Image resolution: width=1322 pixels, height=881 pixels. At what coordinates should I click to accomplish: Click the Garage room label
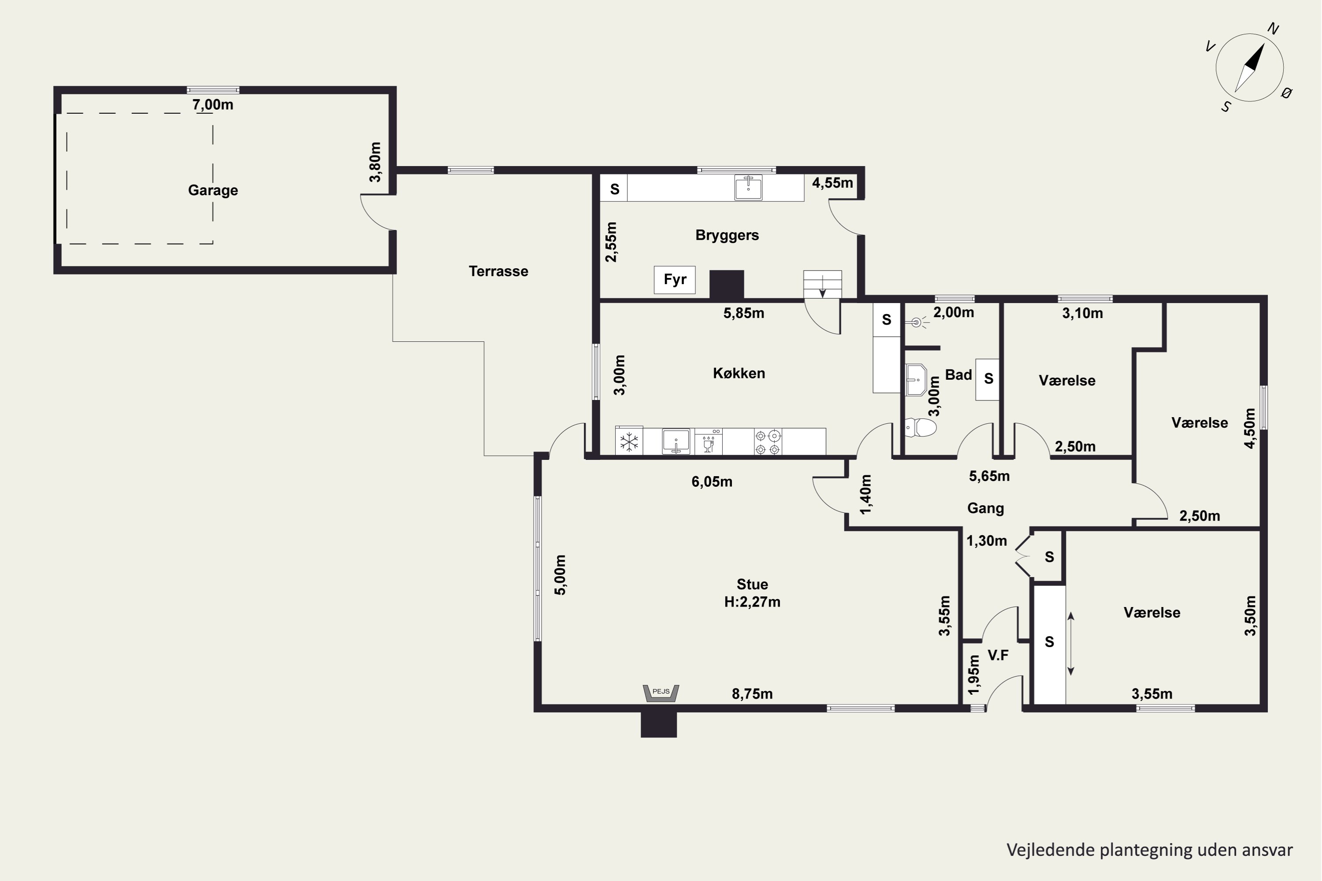point(213,190)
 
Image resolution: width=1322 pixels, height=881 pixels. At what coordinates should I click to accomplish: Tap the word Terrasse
point(498,271)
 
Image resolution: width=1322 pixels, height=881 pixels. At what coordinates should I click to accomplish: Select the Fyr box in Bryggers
point(675,280)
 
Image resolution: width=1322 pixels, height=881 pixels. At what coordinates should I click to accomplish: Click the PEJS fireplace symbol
point(661,693)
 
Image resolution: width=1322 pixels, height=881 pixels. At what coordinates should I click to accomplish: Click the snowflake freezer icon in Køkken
point(629,442)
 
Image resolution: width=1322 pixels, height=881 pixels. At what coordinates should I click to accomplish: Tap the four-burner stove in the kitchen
point(768,442)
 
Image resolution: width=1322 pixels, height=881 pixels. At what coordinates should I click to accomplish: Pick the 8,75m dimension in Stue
point(752,694)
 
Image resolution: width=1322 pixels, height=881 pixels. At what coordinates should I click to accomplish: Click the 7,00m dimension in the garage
point(212,104)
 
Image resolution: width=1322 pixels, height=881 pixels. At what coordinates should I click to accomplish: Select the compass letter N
point(1274,29)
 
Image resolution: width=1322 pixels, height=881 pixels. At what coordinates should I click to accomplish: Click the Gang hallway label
point(985,508)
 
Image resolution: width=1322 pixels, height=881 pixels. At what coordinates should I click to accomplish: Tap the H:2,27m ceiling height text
point(752,602)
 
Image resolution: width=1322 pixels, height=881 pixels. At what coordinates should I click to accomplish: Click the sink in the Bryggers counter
point(749,187)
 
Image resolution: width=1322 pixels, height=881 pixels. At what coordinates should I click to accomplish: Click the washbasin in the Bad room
point(916,380)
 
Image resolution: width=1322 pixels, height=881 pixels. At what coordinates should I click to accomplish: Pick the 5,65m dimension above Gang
point(989,477)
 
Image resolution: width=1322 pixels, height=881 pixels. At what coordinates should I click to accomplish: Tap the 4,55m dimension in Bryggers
point(832,183)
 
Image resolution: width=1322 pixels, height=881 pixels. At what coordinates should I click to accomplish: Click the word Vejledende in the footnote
point(1051,850)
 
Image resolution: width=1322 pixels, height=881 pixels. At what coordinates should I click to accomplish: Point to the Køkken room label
point(739,374)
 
